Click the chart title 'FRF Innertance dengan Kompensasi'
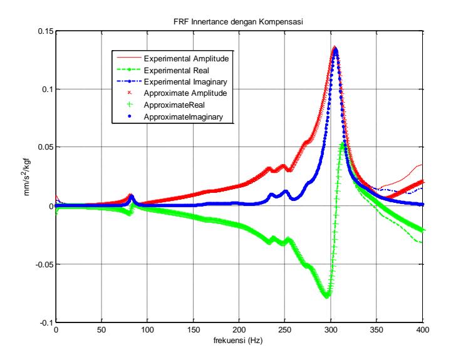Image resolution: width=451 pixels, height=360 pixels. point(238,22)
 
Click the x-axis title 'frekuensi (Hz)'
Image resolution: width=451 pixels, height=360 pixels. point(238,341)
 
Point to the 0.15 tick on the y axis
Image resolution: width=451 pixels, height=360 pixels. point(46,31)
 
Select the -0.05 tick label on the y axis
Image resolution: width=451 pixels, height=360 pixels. point(44,264)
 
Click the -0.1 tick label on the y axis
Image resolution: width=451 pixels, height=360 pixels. point(46,322)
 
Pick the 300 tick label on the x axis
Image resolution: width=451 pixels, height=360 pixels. point(331,329)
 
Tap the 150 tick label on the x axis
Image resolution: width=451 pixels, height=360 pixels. point(194,329)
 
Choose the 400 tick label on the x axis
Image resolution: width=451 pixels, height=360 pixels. point(423,329)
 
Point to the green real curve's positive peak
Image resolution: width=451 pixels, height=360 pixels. point(342,144)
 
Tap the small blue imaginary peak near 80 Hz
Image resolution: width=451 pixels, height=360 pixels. point(132,197)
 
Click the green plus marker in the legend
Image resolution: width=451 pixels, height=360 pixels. point(130,105)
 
